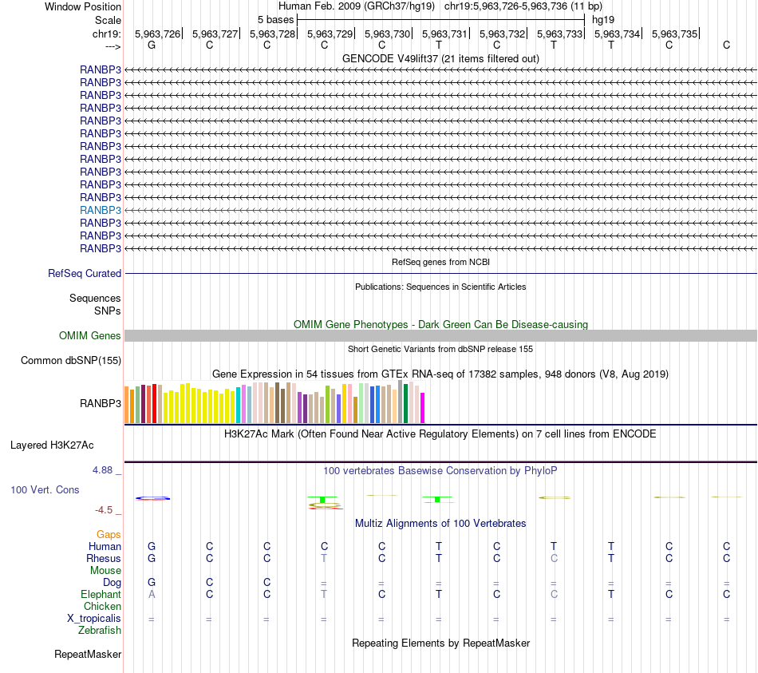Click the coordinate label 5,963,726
point(157,34)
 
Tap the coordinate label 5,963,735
point(674,34)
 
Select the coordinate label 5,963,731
point(444,34)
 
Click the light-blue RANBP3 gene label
point(101,210)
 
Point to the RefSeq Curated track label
point(85,273)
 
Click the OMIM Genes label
point(90,336)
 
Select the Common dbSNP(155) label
point(71,361)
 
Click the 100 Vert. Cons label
point(45,489)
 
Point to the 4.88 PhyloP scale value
point(102,470)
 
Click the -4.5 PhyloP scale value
point(104,509)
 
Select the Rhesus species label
point(104,558)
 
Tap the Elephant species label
point(101,594)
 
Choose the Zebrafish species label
point(100,630)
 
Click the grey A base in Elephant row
point(152,594)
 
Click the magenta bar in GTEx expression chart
point(422,407)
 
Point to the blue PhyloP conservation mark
point(152,498)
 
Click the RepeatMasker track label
point(88,655)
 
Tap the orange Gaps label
point(109,534)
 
